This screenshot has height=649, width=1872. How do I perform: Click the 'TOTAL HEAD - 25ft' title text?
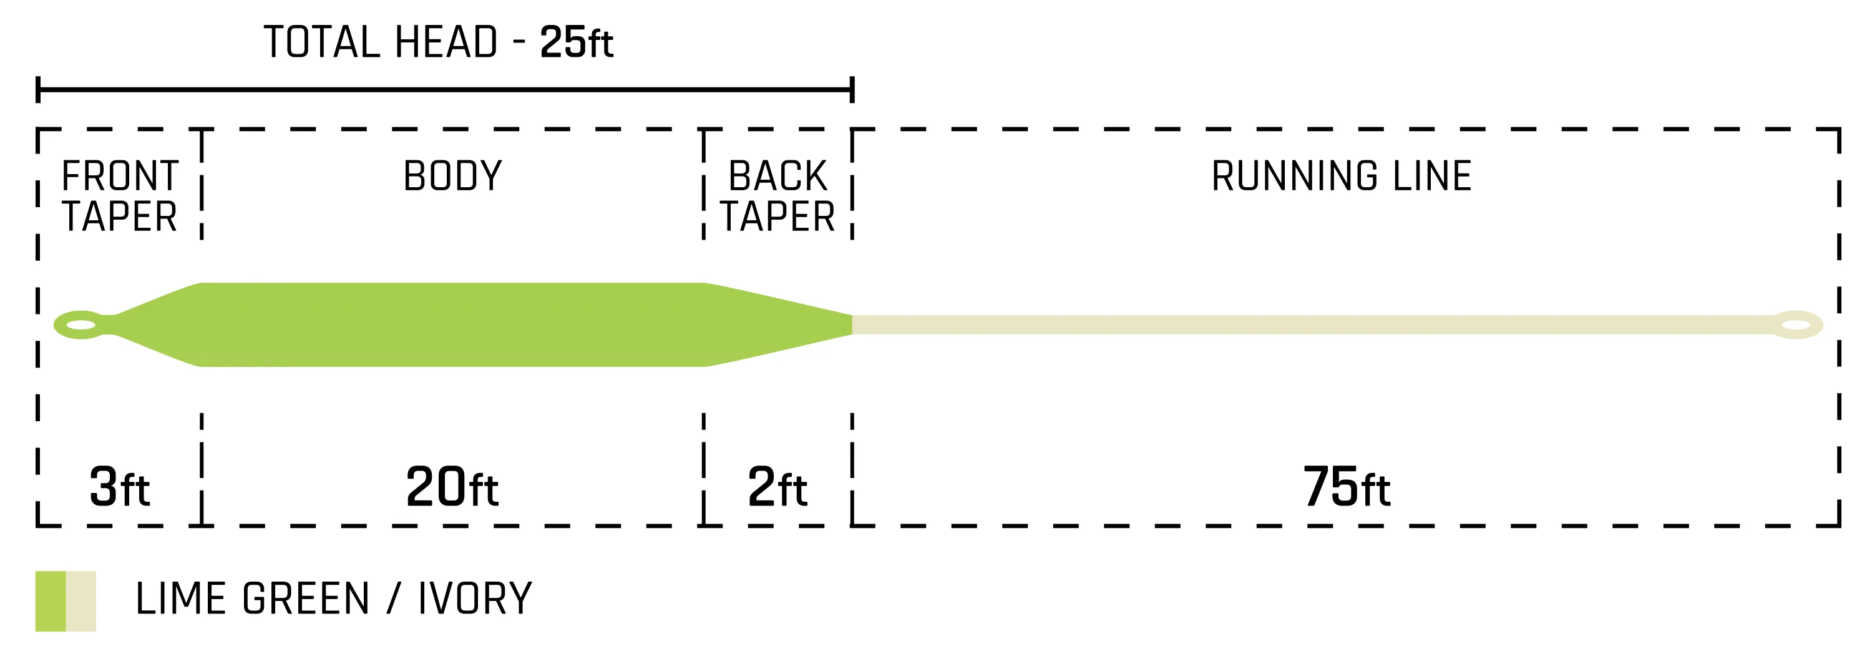click(439, 42)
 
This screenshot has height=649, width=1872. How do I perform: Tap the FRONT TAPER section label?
click(120, 196)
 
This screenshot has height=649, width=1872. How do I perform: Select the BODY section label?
click(453, 176)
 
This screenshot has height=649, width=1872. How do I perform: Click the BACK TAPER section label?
click(778, 196)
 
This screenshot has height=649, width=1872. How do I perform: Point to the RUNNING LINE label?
click(1342, 176)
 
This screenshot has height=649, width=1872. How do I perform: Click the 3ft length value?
click(120, 487)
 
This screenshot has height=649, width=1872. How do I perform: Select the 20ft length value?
click(452, 487)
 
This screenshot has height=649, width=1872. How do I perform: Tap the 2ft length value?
click(778, 487)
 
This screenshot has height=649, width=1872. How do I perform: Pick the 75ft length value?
click(1347, 487)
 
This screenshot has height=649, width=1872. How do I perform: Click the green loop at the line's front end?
click(80, 325)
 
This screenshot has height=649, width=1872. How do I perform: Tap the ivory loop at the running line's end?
click(1796, 325)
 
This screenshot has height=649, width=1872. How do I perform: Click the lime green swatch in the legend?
click(51, 601)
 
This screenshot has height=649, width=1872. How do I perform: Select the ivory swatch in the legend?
click(80, 601)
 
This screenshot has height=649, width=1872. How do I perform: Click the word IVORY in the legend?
click(475, 599)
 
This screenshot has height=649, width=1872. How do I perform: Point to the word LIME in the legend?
click(181, 599)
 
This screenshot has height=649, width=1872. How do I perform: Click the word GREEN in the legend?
click(306, 599)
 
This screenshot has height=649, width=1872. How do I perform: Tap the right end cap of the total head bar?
click(852, 89)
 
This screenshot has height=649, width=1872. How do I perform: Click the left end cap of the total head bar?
click(38, 89)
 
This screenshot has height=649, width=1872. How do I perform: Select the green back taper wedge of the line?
click(778, 325)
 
